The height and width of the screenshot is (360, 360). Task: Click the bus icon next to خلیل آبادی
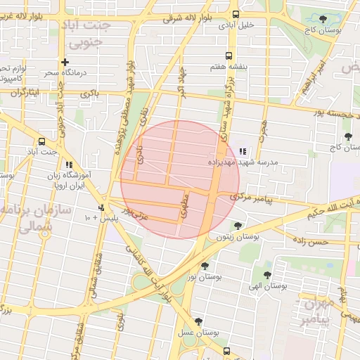pyautogui.click(x=236, y=14)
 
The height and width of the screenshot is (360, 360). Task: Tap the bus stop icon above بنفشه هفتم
pyautogui.click(x=228, y=56)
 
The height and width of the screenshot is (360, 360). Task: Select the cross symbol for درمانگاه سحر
pyautogui.click(x=65, y=62)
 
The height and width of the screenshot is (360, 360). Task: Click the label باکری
pyautogui.click(x=89, y=93)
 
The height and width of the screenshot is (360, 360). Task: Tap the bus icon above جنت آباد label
pyautogui.click(x=42, y=141)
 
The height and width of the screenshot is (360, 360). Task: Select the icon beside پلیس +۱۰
pyautogui.click(x=103, y=208)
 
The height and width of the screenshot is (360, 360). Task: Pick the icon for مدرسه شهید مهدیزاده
pyautogui.click(x=243, y=151)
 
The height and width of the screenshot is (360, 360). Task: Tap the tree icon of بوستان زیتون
pyautogui.click(x=238, y=226)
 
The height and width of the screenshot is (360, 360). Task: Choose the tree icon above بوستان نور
pyautogui.click(x=205, y=266)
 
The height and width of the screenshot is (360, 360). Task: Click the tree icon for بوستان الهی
pyautogui.click(x=267, y=275)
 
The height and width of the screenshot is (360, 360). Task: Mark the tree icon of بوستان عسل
pyautogui.click(x=199, y=321)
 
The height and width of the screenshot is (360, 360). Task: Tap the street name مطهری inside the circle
pyautogui.click(x=184, y=205)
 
